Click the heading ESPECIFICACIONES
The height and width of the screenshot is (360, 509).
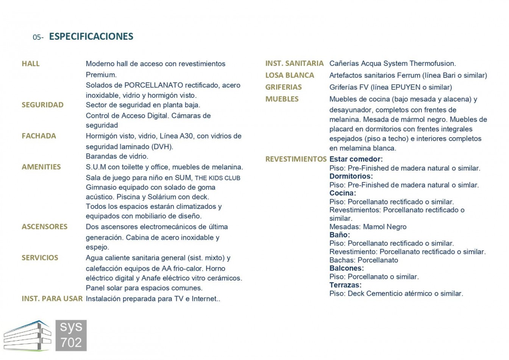click(91, 36)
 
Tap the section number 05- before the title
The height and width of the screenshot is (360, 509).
click(38, 37)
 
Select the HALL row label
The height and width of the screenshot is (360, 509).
click(31, 64)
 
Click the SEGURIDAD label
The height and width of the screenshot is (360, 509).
click(42, 105)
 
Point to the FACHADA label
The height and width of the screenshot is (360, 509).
click(39, 136)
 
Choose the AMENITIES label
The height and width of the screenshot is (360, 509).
click(41, 167)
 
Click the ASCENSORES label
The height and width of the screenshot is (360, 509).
click(44, 227)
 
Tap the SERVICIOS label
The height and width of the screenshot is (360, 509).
click(40, 258)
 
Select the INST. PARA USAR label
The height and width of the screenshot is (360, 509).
click(52, 299)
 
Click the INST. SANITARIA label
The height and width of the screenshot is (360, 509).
click(294, 64)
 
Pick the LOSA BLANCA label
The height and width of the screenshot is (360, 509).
click(289, 75)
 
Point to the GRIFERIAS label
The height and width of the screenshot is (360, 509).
click(283, 87)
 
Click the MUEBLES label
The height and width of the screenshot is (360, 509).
click(282, 99)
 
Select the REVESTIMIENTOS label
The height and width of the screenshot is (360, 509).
click(296, 159)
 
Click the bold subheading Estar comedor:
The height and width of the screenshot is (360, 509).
click(356, 159)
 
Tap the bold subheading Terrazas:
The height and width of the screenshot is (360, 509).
click(345, 285)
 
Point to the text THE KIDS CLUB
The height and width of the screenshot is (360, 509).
click(217, 178)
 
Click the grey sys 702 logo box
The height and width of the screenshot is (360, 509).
click(71, 335)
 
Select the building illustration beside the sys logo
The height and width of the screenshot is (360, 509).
click(27, 336)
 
